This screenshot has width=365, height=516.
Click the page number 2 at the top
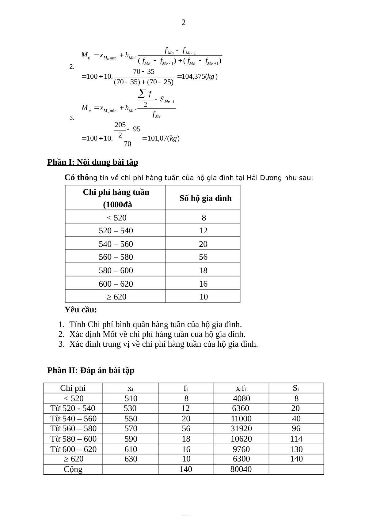[x=184, y=22]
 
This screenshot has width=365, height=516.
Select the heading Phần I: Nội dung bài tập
[x=93, y=162]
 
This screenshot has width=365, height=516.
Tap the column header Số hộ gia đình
[x=205, y=198]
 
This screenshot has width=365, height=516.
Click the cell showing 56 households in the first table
[x=203, y=257]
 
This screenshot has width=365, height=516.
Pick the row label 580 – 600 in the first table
[x=116, y=270]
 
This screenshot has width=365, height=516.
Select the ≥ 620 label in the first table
[x=116, y=297]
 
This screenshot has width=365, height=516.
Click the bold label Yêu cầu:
[x=81, y=310]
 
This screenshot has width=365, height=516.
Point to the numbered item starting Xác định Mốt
[x=157, y=334]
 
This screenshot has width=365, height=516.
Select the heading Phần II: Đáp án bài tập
[x=91, y=371]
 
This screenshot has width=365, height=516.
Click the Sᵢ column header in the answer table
[x=296, y=388]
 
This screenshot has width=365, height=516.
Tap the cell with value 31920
[x=241, y=428]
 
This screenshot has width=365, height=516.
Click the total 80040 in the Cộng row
[x=241, y=469]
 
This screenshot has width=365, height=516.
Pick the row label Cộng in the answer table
[x=73, y=469]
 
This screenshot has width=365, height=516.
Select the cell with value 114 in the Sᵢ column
[x=296, y=439]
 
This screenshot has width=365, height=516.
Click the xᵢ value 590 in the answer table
[x=131, y=439]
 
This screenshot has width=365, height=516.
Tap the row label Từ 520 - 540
[x=73, y=408]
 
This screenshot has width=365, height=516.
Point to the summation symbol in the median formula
[x=142, y=93]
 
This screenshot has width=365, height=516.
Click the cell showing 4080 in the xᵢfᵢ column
[x=241, y=398]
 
